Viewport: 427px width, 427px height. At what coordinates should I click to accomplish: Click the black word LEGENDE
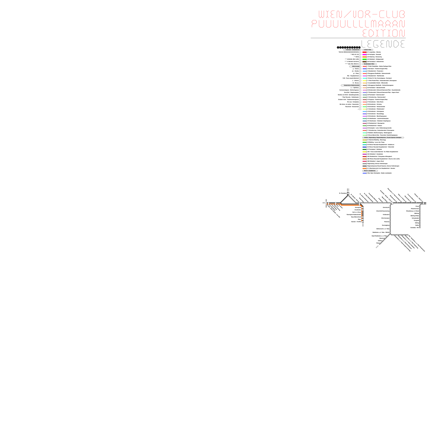pos(383,44)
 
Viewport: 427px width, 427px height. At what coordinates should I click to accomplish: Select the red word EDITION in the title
pos(383,33)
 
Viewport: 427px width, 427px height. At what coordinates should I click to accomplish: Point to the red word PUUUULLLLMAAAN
pos(358,24)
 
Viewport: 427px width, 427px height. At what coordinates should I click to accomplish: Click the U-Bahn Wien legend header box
pos(367,50)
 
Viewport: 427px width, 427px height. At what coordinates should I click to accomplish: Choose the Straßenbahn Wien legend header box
pos(369,64)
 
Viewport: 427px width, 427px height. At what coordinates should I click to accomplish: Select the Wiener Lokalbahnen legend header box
pos(370,171)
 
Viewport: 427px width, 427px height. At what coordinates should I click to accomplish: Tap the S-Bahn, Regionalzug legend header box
pos(383,138)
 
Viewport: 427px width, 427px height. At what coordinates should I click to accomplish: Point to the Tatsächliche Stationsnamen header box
pos(351,85)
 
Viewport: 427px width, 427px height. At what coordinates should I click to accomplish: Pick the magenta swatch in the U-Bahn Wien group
pos(364,55)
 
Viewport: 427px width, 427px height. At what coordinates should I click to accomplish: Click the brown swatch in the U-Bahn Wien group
pos(364,62)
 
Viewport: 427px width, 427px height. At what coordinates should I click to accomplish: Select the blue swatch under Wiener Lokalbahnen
pos(364,173)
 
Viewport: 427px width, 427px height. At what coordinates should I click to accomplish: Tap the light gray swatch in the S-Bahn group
pos(364,164)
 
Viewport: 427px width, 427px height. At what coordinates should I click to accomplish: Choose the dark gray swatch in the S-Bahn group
pos(364,166)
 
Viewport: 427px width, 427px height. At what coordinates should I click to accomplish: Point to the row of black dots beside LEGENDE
pos(349,48)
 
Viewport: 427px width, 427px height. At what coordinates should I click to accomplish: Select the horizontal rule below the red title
pos(358,38)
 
